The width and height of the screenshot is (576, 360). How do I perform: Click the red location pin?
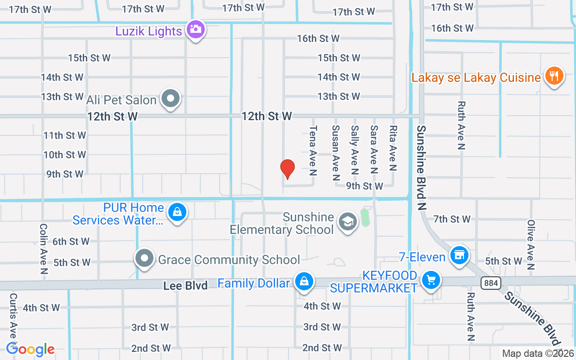[287, 169]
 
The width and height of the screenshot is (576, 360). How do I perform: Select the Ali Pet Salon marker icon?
[171, 98]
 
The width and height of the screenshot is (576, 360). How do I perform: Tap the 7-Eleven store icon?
[459, 256]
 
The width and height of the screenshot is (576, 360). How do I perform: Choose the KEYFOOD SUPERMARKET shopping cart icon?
[431, 280]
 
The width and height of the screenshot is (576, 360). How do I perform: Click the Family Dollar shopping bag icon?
[304, 282]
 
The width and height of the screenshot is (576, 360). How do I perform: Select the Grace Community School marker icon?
[144, 259]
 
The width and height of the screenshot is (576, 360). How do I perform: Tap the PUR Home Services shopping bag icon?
[177, 211]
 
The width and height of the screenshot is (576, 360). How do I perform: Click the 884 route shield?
[490, 283]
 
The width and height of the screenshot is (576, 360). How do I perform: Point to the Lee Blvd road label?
[185, 286]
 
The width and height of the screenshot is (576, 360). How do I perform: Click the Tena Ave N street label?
[313, 150]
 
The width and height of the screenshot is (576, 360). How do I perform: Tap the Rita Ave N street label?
[393, 148]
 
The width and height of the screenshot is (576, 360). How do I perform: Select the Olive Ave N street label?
[531, 245]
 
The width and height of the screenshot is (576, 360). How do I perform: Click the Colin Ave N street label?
[44, 249]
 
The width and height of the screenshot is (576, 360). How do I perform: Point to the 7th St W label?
[452, 219]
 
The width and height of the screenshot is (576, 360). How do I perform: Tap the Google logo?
[30, 349]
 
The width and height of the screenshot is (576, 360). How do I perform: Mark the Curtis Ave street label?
[13, 317]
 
